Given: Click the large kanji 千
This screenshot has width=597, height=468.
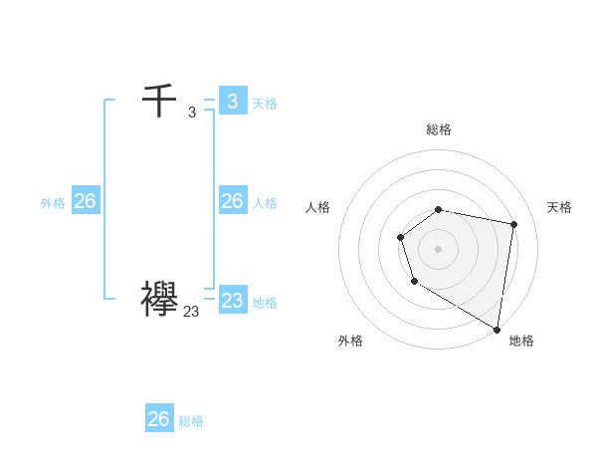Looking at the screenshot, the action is point(159,101).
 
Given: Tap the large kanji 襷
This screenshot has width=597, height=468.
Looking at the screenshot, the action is point(159,299).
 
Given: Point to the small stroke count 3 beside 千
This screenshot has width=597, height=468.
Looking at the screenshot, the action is point(191,113).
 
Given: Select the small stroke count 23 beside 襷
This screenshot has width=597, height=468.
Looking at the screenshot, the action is point(191,312).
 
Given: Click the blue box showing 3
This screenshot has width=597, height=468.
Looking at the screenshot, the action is point(232,101).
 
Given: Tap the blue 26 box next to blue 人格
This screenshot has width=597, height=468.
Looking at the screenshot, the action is point(232,201).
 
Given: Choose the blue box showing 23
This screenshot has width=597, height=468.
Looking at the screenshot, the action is point(232,300).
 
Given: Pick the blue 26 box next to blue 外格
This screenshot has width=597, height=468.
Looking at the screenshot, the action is point(85,201).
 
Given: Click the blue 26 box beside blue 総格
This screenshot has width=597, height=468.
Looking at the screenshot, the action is point(158,418).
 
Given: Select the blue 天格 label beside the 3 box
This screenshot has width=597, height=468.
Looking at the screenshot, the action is point(265,103).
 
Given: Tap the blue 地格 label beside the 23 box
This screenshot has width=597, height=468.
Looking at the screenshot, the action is point(265,303).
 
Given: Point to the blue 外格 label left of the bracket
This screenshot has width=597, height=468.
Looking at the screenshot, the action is point(53,203).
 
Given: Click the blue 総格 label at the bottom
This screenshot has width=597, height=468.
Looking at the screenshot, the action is point(191,421).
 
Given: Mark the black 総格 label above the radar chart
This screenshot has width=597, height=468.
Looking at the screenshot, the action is point(438,129).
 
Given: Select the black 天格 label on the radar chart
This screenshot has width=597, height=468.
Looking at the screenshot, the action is point(559,207).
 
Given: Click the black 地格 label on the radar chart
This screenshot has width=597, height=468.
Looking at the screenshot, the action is point(521,341).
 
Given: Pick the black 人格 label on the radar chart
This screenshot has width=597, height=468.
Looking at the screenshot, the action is point(317,207).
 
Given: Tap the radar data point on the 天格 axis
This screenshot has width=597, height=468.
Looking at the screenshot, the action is point(513,224).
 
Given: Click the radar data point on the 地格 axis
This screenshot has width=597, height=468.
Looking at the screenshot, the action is point(497,328).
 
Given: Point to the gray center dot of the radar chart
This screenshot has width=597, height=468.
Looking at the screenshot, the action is point(438,248).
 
